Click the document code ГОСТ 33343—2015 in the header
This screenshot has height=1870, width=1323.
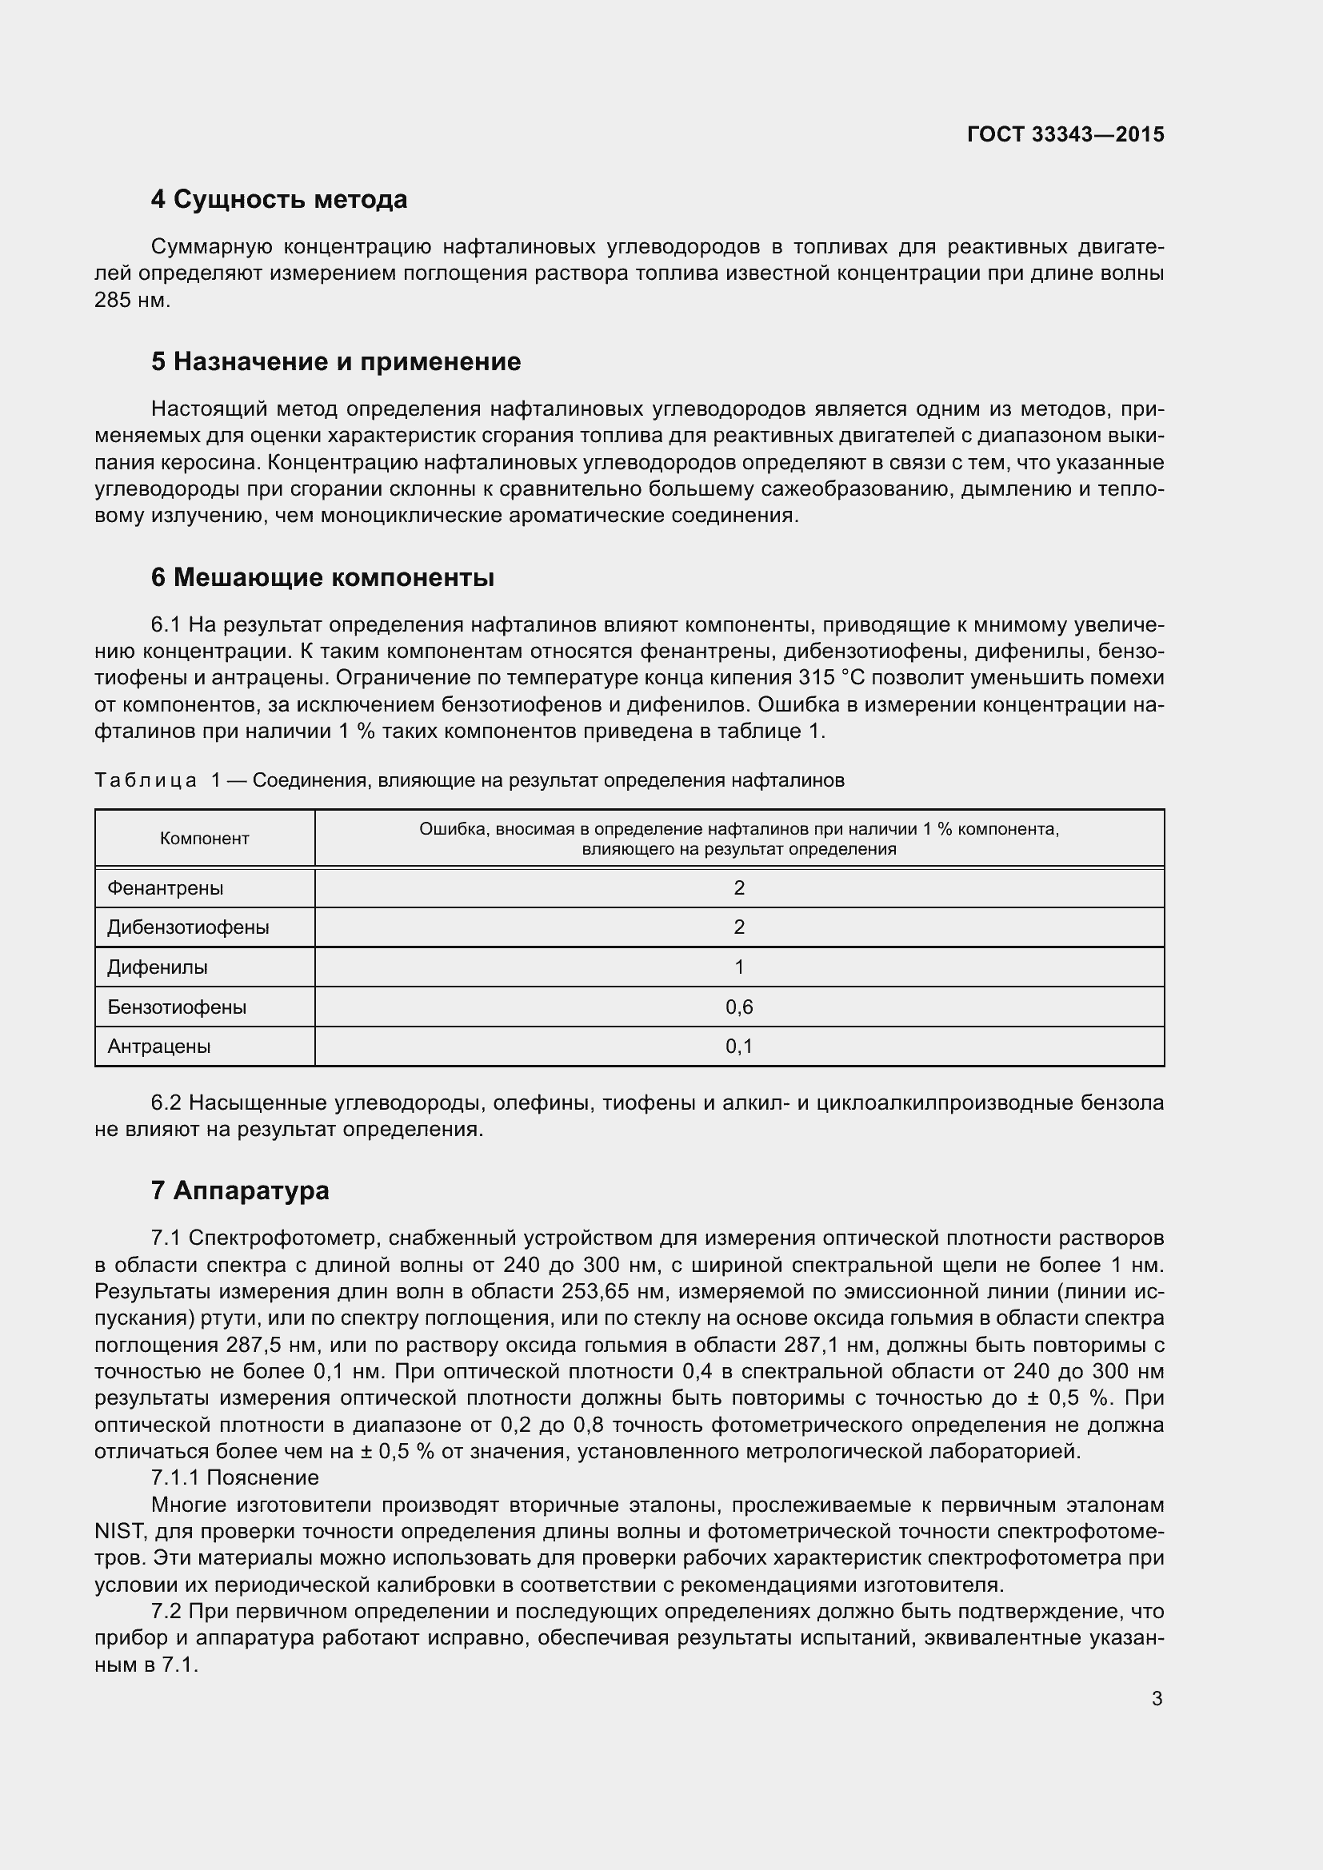pyautogui.click(x=1065, y=134)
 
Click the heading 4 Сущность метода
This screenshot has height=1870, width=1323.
pyautogui.click(x=278, y=200)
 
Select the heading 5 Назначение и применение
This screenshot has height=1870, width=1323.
pyautogui.click(x=336, y=361)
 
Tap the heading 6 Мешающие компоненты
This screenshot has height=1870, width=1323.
pyautogui.click(x=322, y=577)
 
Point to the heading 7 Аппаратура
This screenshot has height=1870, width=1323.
pyautogui.click(x=240, y=1190)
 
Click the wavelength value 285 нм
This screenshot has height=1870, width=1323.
pyautogui.click(x=132, y=301)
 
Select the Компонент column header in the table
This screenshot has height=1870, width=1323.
pyautogui.click(x=205, y=838)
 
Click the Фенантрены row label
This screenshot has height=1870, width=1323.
pyautogui.click(x=166, y=887)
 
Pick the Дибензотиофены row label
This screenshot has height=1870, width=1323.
pyautogui.click(x=188, y=927)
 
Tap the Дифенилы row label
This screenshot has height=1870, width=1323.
pyautogui.click(x=158, y=967)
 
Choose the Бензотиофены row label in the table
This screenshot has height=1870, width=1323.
pyautogui.click(x=177, y=1007)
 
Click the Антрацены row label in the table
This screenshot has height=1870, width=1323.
pyautogui.click(x=159, y=1046)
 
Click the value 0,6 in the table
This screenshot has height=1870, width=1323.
pyautogui.click(x=739, y=1007)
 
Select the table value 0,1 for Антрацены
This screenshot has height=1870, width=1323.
pyautogui.click(x=739, y=1046)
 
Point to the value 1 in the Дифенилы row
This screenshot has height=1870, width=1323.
pyautogui.click(x=739, y=967)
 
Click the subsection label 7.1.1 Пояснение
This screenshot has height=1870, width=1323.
pyautogui.click(x=234, y=1477)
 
